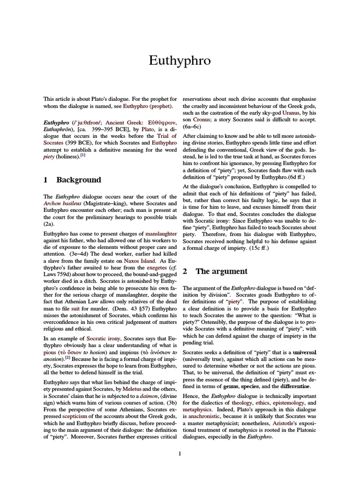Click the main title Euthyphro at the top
point(180,60)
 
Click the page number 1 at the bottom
point(180,453)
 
